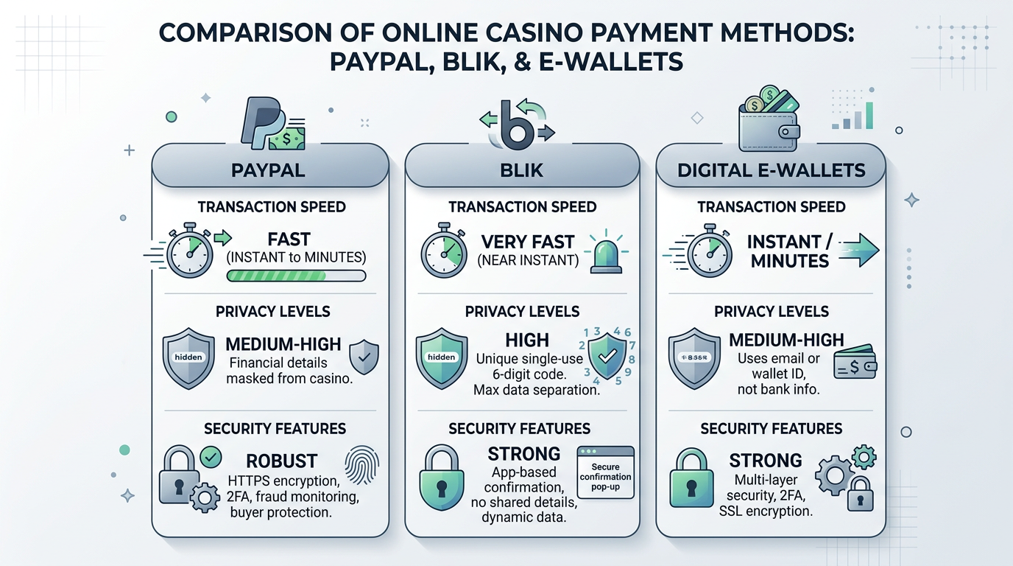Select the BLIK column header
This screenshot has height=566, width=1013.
pos(521,170)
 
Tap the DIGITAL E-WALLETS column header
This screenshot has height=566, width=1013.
pos(771,170)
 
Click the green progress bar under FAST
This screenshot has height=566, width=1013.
pos(296,276)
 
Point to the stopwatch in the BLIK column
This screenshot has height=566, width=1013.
pos(444,251)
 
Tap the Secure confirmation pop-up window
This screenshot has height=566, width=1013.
pos(605,472)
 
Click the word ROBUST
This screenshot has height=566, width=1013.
pos(281,461)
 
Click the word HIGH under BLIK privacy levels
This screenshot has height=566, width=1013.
pos(527,340)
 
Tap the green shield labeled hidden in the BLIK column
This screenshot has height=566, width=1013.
pos(441,357)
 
